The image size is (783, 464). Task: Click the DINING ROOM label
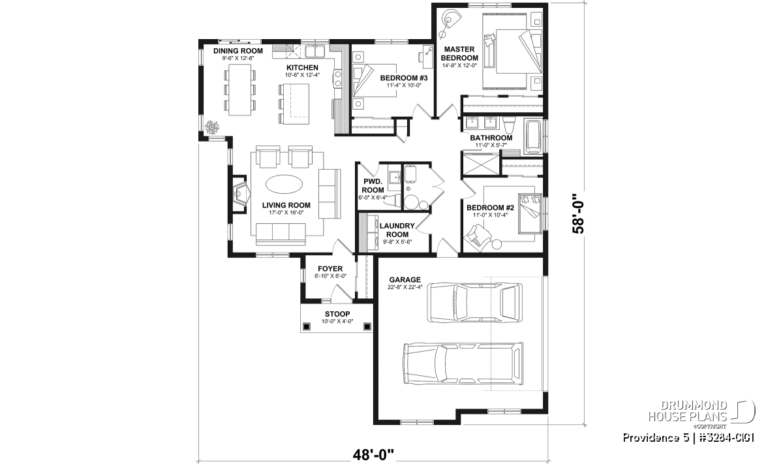[x=238, y=51]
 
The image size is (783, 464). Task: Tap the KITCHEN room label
[x=302, y=67]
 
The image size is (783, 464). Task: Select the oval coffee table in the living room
[x=284, y=184]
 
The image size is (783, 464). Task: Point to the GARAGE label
[x=405, y=280]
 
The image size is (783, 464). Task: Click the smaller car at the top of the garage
[x=475, y=302]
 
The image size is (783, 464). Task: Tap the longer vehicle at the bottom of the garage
[x=463, y=363]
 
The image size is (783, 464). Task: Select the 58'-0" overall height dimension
[x=578, y=213]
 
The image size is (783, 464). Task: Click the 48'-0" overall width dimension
[x=373, y=456]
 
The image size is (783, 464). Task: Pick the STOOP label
[x=337, y=314]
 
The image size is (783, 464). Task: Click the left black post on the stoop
[x=307, y=326]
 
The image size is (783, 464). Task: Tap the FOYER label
[x=330, y=268]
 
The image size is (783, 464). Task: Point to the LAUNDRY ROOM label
[x=397, y=230]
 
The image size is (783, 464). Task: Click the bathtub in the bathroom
[x=534, y=136]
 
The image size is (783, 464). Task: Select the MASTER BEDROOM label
[x=459, y=54]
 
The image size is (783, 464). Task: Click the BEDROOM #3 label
[x=404, y=78]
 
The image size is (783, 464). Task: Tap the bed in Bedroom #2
[x=530, y=213]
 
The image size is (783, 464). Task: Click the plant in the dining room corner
[x=212, y=127]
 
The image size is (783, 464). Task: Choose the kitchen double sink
[x=315, y=52]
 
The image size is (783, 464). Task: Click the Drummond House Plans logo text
[x=688, y=411]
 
